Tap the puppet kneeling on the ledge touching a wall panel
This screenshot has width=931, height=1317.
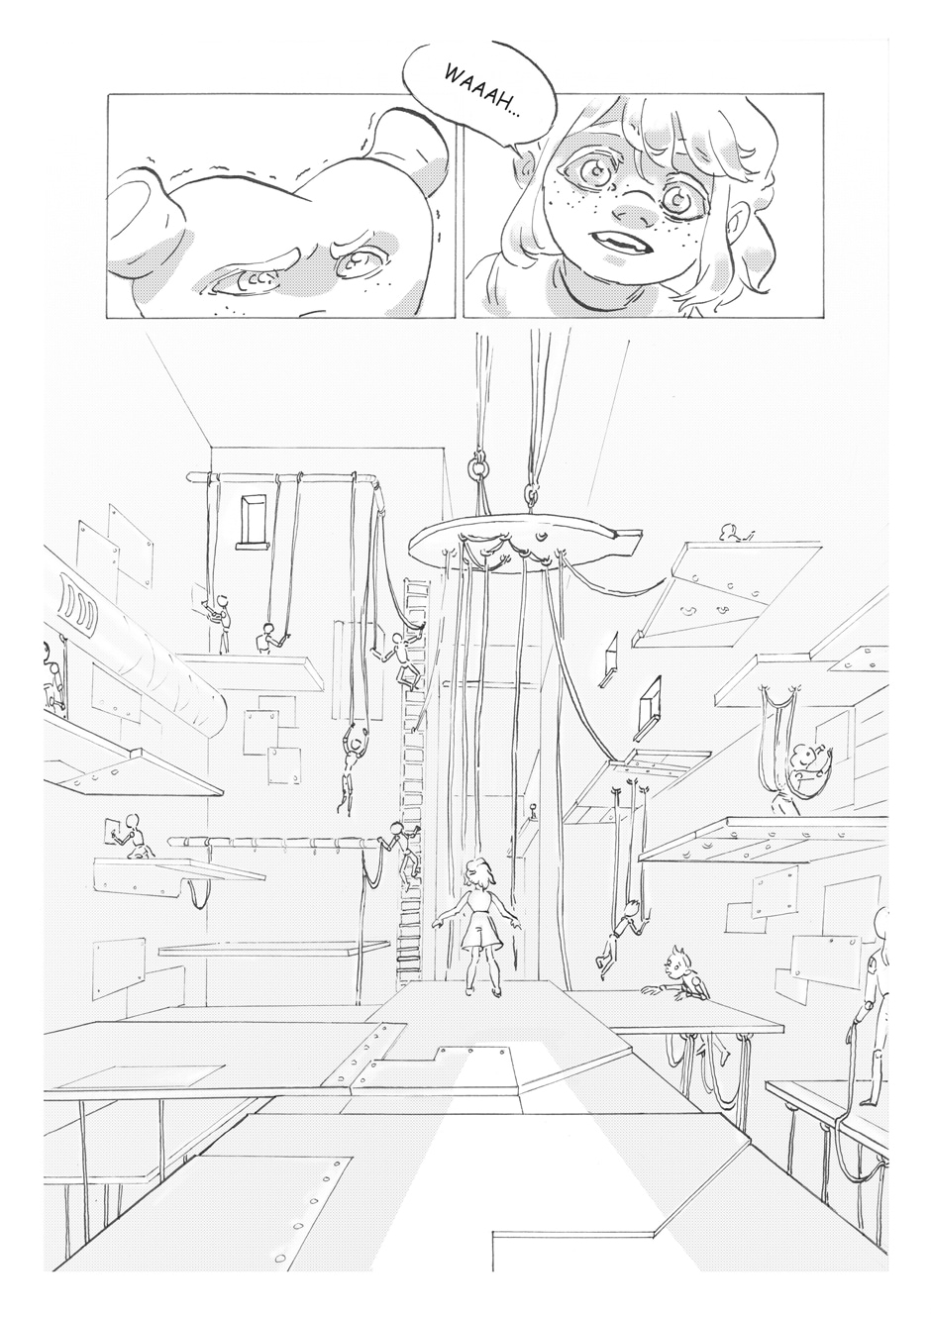coord(133,836)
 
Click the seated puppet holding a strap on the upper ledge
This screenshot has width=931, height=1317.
coord(270,638)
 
